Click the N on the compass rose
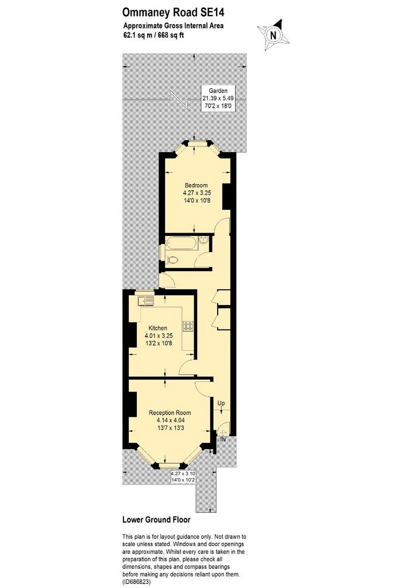tap(273, 35)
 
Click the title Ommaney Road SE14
tap(174, 13)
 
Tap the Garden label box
tap(218, 98)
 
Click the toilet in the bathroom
tap(172, 259)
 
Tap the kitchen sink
tap(145, 301)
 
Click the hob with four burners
tap(188, 326)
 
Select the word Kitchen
tap(157, 328)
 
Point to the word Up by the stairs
tap(221, 404)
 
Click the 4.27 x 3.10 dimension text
tap(183, 474)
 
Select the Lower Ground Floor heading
tap(156, 520)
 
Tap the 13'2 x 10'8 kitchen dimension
tap(159, 343)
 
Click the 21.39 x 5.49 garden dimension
tap(218, 98)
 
